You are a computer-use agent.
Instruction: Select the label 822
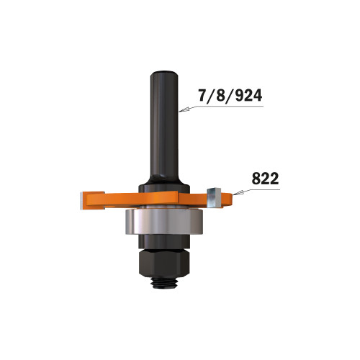point(266,176)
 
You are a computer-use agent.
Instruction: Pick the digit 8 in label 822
point(256,176)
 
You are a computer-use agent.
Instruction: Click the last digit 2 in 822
point(276,176)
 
